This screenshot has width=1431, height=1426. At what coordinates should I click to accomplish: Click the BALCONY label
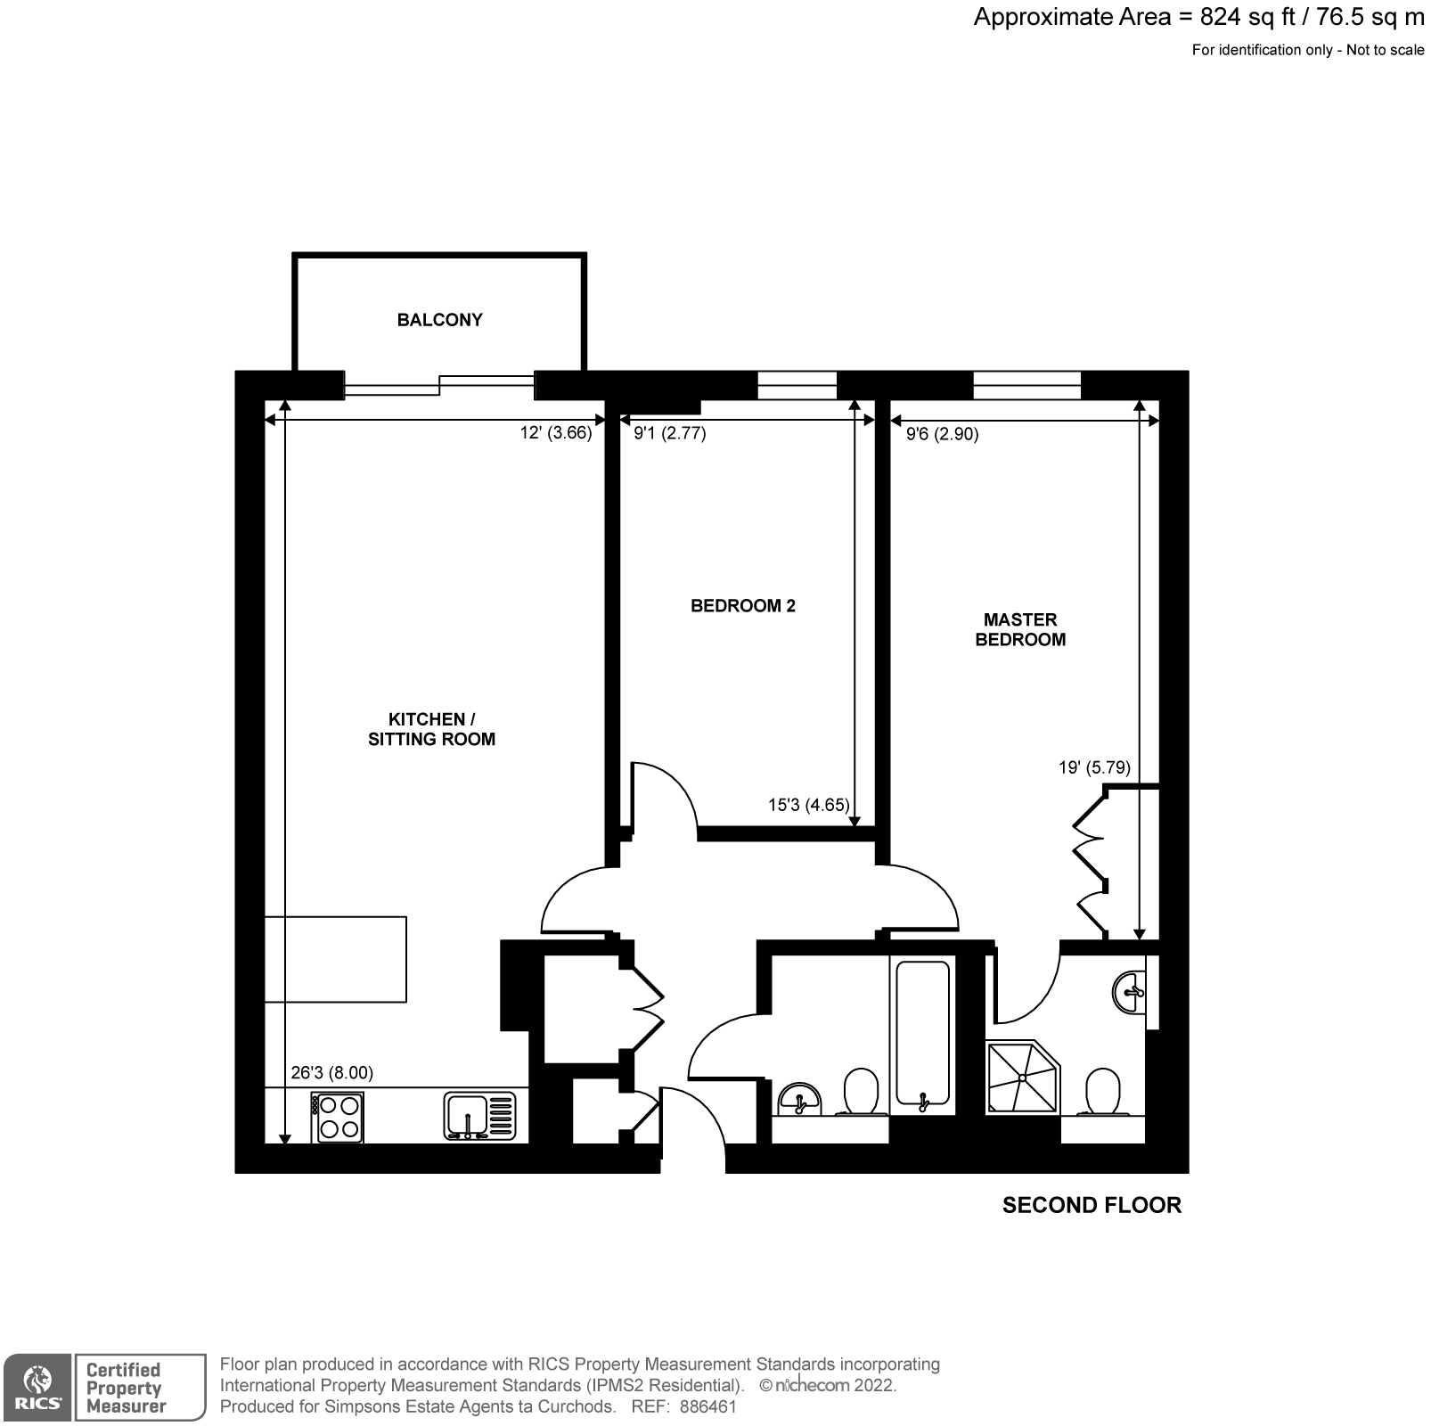click(x=439, y=320)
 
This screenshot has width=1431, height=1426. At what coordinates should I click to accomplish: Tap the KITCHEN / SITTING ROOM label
click(x=431, y=729)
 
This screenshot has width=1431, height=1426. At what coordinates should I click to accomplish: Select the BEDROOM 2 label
click(x=742, y=606)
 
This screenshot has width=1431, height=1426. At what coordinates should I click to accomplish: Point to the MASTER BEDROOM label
click(x=1020, y=629)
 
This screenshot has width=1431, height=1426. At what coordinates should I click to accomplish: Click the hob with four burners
click(x=338, y=1118)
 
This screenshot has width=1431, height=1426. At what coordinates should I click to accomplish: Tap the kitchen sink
click(x=479, y=1117)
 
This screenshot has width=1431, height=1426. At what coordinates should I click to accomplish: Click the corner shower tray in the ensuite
click(x=1022, y=1077)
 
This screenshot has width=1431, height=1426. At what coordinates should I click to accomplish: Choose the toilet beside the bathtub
click(x=861, y=1092)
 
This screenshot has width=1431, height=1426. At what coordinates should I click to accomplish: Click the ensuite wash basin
click(x=1130, y=991)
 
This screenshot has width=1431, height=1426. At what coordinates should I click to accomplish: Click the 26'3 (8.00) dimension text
click(x=331, y=1073)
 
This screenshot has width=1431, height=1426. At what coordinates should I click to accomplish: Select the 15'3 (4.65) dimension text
click(x=808, y=805)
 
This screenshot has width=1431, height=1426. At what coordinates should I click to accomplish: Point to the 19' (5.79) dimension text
click(x=1094, y=767)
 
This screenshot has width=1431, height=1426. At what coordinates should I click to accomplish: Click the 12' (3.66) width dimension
click(x=556, y=433)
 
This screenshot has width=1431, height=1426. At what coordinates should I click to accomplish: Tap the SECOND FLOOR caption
click(x=1092, y=1205)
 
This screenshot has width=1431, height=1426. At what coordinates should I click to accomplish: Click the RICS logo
click(x=37, y=1387)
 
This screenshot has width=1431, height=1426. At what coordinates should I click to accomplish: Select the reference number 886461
click(x=708, y=1406)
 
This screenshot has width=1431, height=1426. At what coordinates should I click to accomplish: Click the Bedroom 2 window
click(x=797, y=385)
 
